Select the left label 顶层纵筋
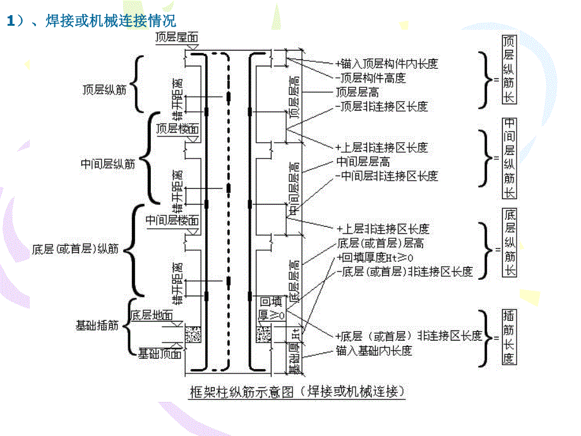[x=105, y=90]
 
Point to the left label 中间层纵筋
[x=108, y=164]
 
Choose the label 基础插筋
[x=97, y=325]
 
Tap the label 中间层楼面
[x=172, y=221]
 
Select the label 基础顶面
[x=159, y=353]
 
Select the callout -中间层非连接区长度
[x=386, y=176]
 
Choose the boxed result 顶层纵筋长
[x=508, y=70]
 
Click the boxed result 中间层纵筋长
[x=509, y=157]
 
